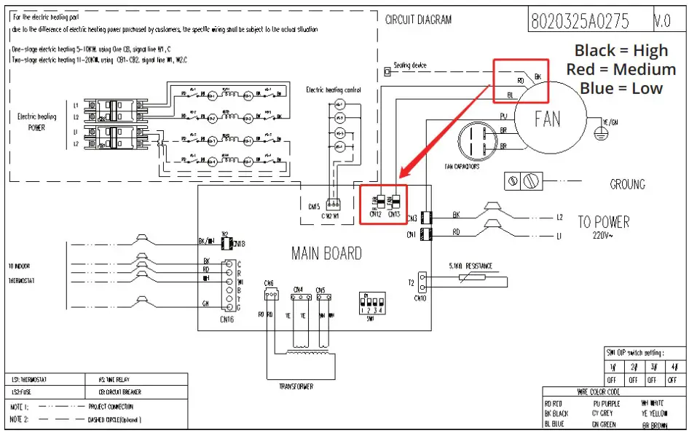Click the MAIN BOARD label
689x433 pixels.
[326, 253]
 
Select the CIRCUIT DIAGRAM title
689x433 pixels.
[418, 20]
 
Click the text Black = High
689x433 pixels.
[621, 50]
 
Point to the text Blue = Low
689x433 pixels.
[621, 88]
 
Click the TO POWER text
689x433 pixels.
[603, 222]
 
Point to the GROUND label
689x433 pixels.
[627, 185]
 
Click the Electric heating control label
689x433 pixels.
[333, 90]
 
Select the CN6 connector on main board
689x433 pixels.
[269, 294]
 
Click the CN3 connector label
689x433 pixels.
[412, 218]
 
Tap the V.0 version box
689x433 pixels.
[662, 21]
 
